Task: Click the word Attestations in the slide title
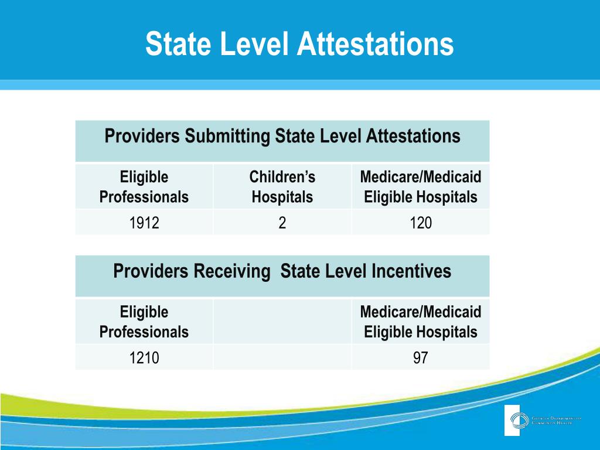[375, 45]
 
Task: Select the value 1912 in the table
[144, 223]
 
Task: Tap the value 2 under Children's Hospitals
[282, 223]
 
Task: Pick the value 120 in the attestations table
[420, 223]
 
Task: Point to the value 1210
[144, 357]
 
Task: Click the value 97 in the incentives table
[420, 357]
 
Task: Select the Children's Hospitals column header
[282, 187]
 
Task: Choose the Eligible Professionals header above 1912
[144, 187]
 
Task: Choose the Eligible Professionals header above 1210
[144, 322]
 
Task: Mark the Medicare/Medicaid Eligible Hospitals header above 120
[420, 187]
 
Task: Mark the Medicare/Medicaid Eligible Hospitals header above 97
[420, 322]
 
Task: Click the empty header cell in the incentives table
[282, 321]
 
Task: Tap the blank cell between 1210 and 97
[282, 357]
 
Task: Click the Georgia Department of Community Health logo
[542, 420]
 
